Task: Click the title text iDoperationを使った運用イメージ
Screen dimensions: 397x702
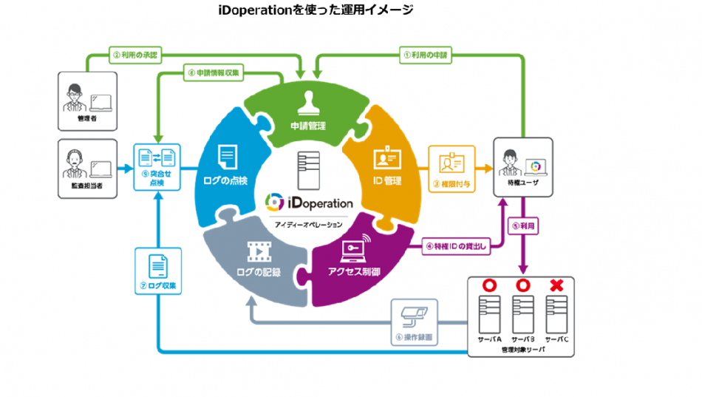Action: (316, 10)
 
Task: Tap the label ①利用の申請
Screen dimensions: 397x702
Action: (426, 54)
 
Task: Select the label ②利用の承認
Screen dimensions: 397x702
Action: (138, 54)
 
